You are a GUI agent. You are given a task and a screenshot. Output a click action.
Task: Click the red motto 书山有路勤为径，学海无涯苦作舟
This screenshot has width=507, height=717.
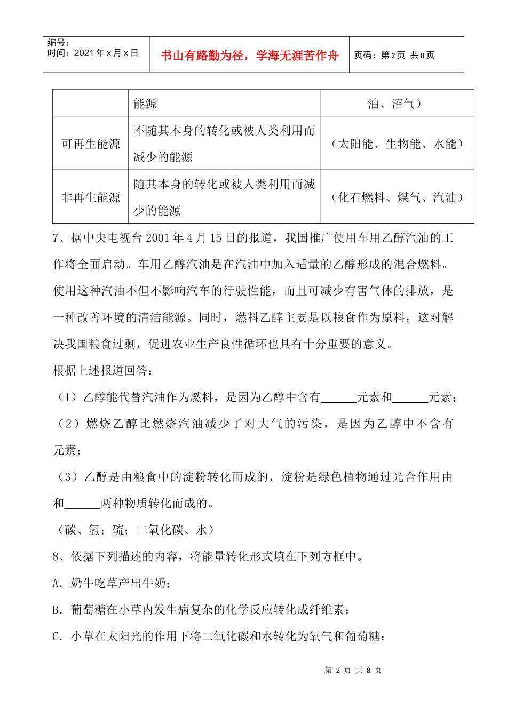coord(250,55)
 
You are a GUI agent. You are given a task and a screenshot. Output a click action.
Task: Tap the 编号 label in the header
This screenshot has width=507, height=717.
coord(58,43)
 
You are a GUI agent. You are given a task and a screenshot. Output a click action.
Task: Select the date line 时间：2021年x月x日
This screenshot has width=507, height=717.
coord(93,53)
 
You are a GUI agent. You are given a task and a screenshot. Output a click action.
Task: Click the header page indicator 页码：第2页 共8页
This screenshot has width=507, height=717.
coord(394,55)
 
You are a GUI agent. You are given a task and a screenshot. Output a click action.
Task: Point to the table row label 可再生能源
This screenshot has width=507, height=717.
coord(91,144)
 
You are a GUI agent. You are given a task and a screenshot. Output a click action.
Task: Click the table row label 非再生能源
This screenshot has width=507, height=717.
coord(91,197)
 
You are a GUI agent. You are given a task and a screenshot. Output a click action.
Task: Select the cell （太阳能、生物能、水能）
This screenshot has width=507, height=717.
coord(397,144)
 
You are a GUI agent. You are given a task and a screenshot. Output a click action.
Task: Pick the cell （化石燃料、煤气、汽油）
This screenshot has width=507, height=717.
coord(397,197)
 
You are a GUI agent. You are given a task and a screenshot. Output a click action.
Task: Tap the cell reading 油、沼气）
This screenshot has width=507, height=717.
coord(395,103)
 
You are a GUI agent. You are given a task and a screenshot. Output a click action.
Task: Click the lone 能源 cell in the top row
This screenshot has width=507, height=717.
coord(145,103)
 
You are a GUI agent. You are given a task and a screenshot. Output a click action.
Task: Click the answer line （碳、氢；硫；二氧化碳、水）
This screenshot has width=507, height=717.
coord(136,530)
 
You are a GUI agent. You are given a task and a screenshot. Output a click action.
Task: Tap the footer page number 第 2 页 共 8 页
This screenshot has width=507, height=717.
coord(353,671)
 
